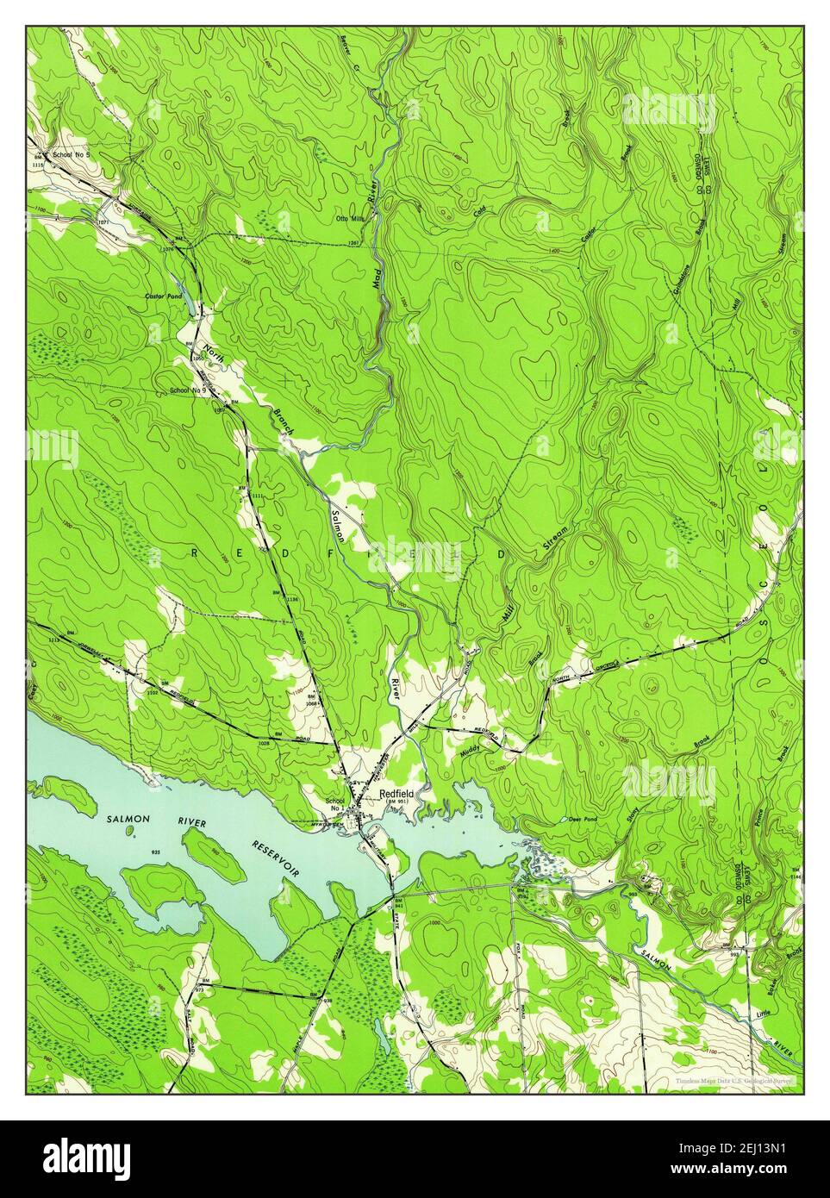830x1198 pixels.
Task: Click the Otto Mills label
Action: tap(352, 219)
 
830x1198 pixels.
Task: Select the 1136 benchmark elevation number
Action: tap(291, 600)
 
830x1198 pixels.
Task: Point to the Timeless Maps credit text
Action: tap(733, 1079)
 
